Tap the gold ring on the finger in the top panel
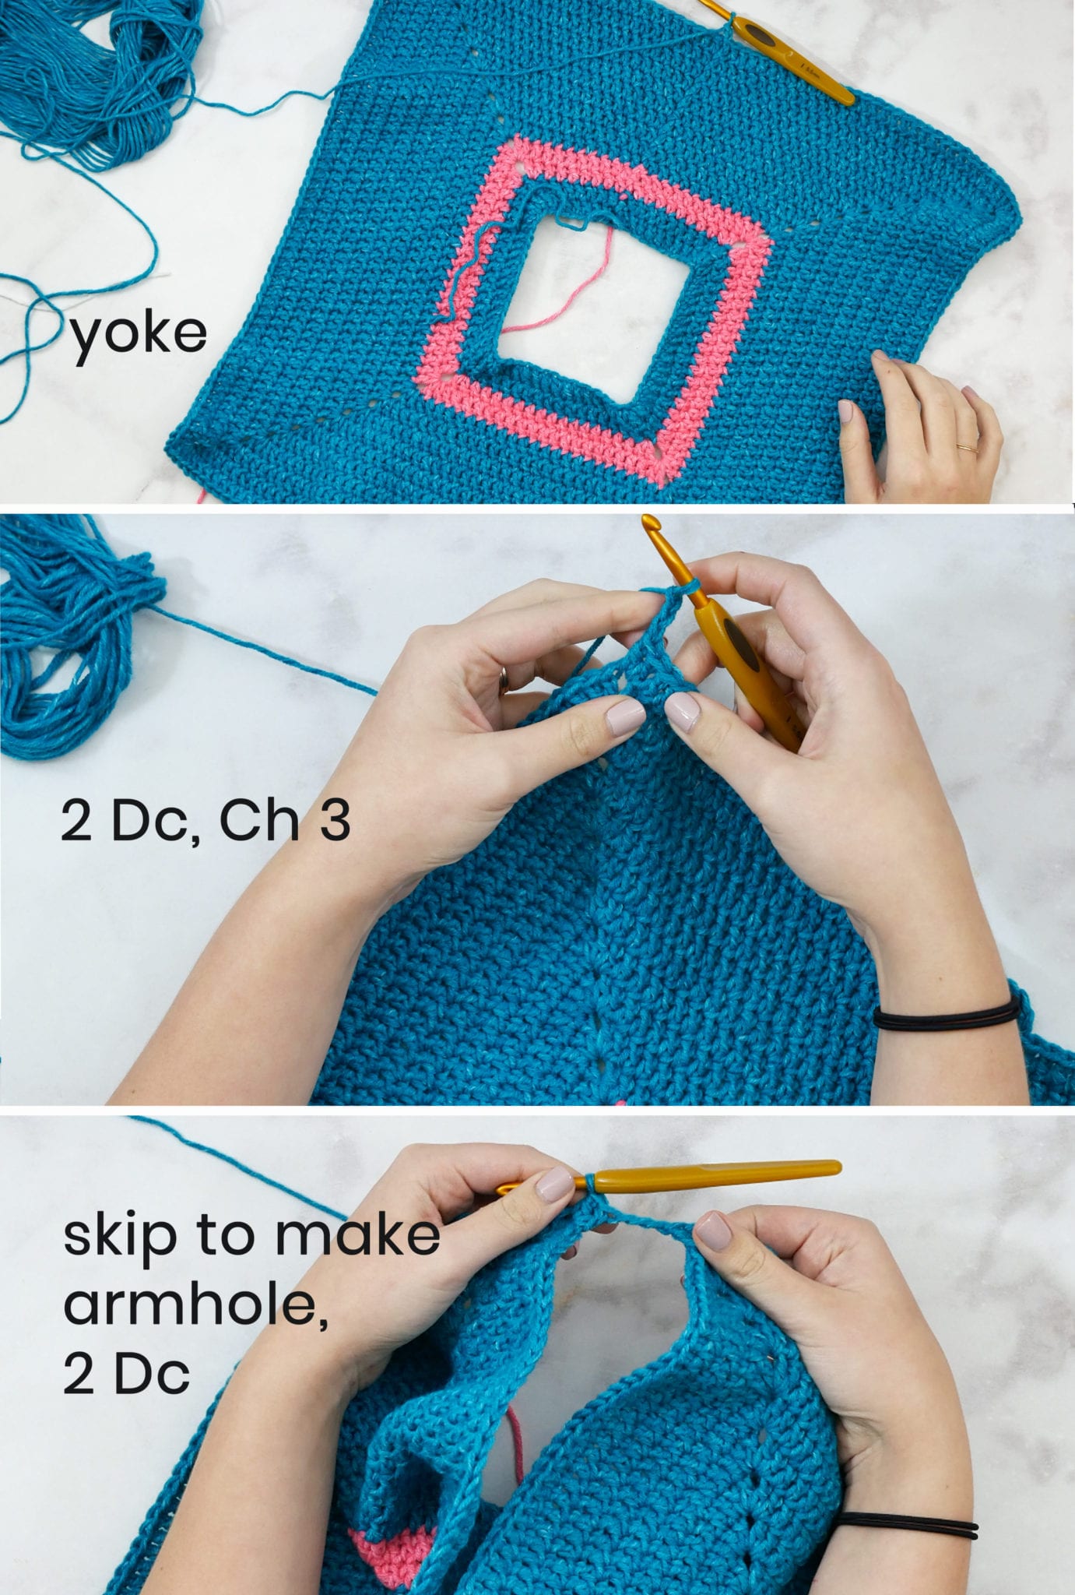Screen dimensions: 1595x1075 point(967,448)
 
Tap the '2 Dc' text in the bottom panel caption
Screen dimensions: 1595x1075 point(126,1375)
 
